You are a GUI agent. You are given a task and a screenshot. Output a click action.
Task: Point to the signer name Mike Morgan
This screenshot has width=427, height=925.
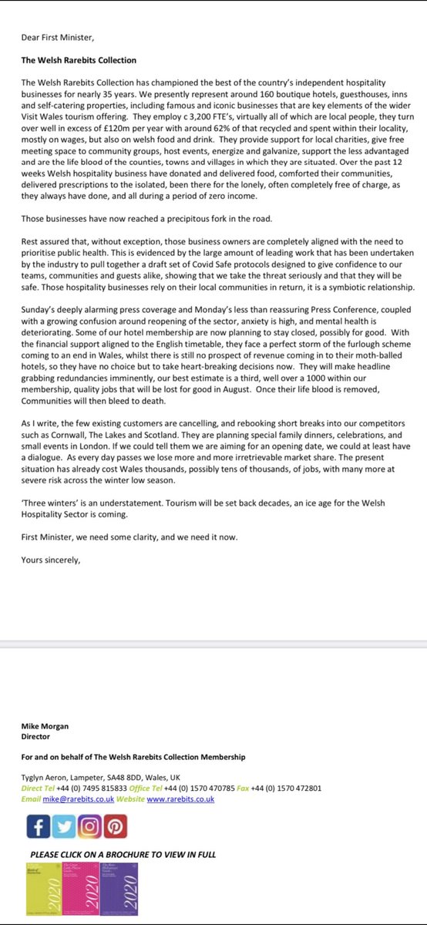[x=44, y=725]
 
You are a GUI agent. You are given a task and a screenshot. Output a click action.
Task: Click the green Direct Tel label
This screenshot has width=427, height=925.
[x=38, y=789]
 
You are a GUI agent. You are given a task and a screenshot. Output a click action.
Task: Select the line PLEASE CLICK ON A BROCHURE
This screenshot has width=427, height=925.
[x=123, y=854]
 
